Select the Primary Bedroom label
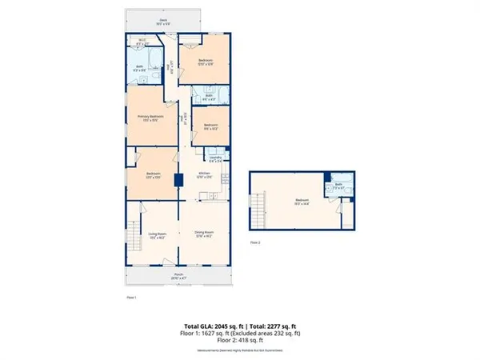146,118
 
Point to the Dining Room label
206,234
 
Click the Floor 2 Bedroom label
302,202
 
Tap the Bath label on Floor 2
337,188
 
